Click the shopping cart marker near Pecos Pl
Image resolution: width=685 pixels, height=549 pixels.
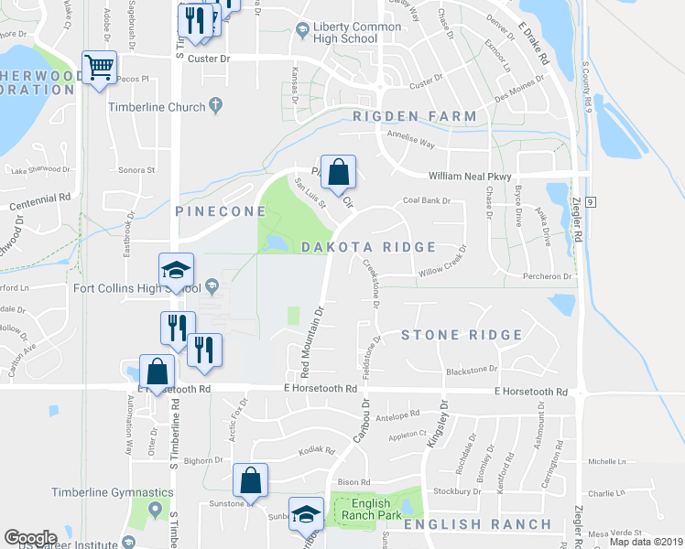click(99, 67)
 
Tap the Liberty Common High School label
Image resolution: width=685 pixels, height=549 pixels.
click(349, 33)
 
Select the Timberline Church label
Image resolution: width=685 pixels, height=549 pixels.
click(157, 107)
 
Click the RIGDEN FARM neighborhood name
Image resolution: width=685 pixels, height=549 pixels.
click(415, 116)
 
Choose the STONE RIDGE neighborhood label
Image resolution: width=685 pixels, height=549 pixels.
click(462, 335)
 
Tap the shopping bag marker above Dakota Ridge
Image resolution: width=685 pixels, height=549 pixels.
click(338, 172)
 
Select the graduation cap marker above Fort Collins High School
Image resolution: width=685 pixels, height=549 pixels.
click(177, 270)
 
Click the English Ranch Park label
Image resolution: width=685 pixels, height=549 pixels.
click(371, 510)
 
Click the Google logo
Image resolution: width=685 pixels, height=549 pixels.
click(30, 538)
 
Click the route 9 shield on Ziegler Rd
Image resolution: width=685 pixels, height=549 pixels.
click(593, 200)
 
